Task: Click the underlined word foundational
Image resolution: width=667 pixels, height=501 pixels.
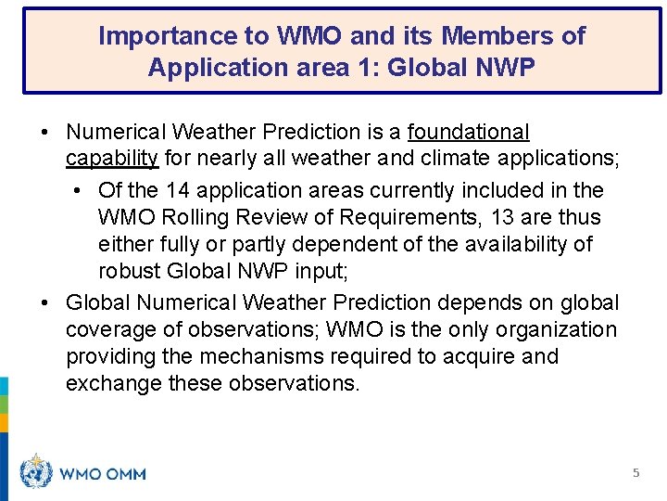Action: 468,133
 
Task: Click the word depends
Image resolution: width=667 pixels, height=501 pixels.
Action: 478,302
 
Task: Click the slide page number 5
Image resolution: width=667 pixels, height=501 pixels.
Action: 636,473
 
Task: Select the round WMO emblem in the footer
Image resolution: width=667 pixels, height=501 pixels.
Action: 36,472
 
